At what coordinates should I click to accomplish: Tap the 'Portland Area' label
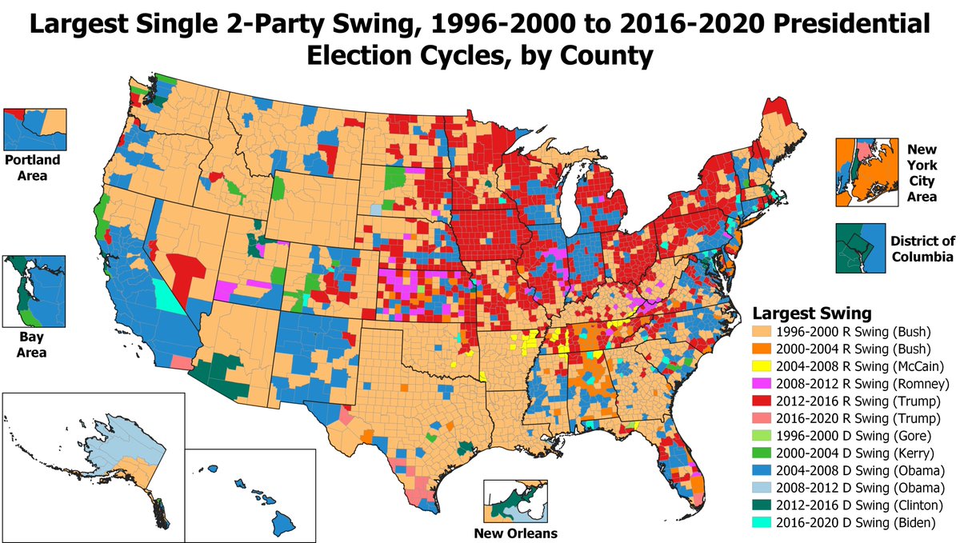click(x=32, y=166)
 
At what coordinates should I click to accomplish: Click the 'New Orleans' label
click(x=515, y=533)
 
